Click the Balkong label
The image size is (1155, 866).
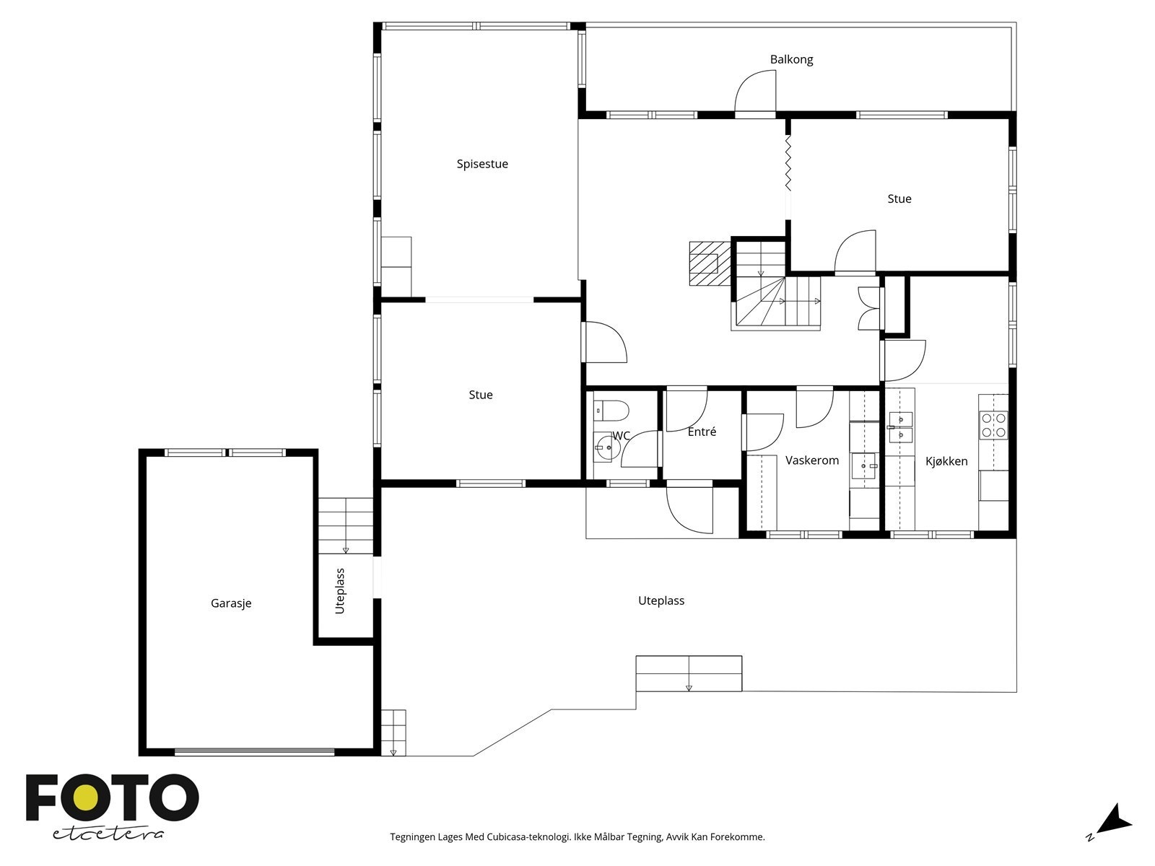pos(791,59)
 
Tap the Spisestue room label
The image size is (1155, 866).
pos(482,164)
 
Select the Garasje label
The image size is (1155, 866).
pos(231,603)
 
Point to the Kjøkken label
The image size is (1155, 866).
pos(946,461)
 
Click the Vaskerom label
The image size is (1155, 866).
pos(812,460)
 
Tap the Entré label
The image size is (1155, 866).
pos(702,432)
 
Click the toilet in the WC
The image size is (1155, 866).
pos(611,411)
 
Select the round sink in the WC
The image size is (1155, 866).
pos(607,447)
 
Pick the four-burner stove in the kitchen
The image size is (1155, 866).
pos(993,425)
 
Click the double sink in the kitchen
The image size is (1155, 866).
pos(901,427)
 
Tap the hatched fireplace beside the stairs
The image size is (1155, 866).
pos(710,263)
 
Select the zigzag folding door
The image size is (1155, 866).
pos(788,163)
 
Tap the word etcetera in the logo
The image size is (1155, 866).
pos(108,834)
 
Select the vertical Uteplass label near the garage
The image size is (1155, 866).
pos(340,591)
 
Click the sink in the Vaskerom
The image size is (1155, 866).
pos(864,466)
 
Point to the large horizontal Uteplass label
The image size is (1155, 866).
pos(661,600)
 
